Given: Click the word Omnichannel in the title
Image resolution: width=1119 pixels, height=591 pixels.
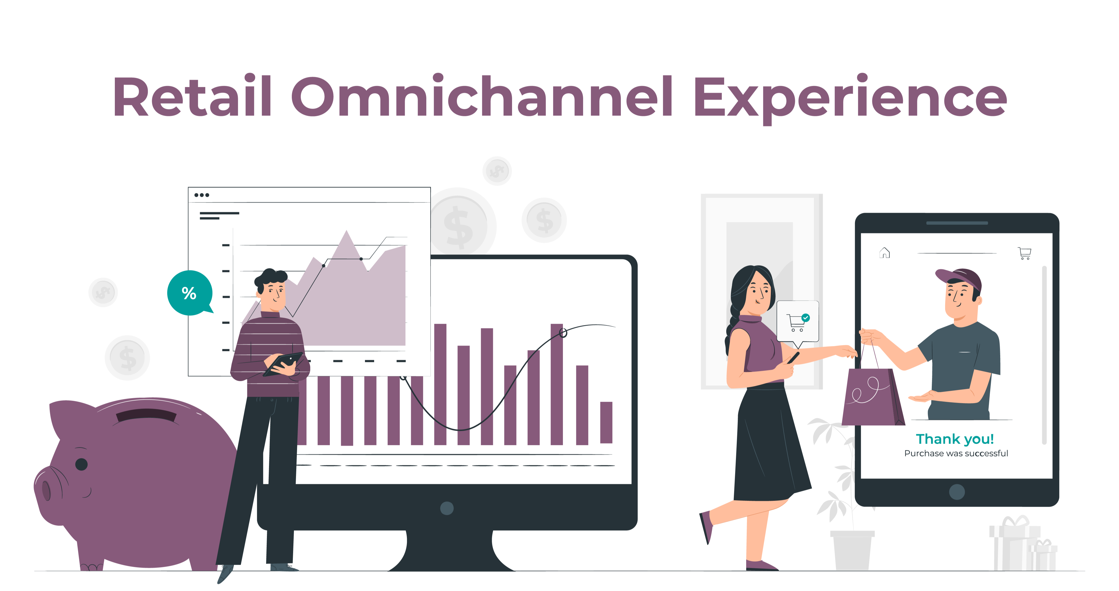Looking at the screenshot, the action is pyautogui.click(x=482, y=96).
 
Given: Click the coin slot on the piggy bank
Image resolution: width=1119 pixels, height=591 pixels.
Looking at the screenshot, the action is pyautogui.click(x=146, y=415).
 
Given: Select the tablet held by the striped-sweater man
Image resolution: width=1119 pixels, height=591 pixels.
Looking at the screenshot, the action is pyautogui.click(x=283, y=364).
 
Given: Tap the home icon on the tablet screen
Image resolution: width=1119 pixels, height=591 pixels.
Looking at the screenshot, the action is pyautogui.click(x=884, y=253).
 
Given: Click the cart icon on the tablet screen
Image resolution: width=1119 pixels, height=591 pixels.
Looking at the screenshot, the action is pyautogui.click(x=1025, y=253).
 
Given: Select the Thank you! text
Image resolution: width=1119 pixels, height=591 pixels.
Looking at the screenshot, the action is pyautogui.click(x=955, y=439).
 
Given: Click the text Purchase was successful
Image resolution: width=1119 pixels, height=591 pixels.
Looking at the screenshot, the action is pyautogui.click(x=956, y=454).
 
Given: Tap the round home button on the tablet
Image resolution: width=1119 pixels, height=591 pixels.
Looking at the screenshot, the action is pyautogui.click(x=957, y=492).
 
